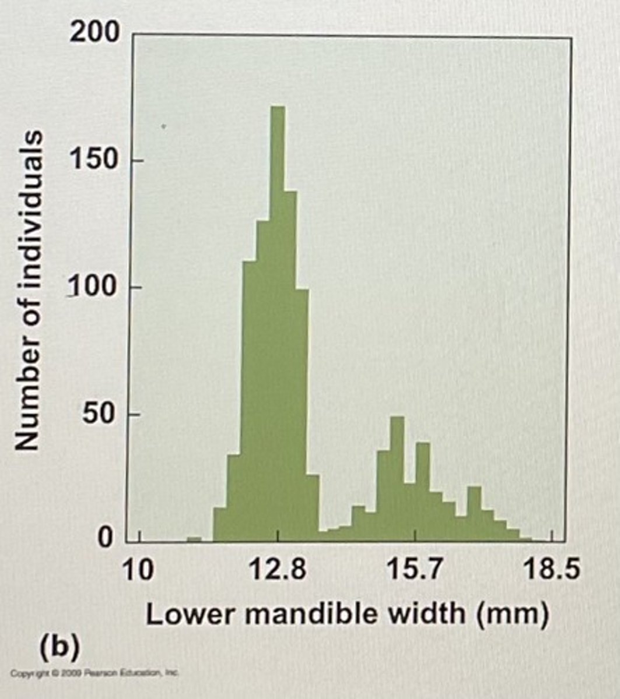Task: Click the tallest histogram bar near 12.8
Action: coord(278,320)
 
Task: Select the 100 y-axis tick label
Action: coord(95,287)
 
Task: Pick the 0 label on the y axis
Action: coord(105,537)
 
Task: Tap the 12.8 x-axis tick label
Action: coord(279,570)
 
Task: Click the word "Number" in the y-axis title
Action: coord(29,397)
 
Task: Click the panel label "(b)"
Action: coord(58,648)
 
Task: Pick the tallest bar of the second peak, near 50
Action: coord(397,478)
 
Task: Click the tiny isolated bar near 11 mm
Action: coord(194,539)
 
